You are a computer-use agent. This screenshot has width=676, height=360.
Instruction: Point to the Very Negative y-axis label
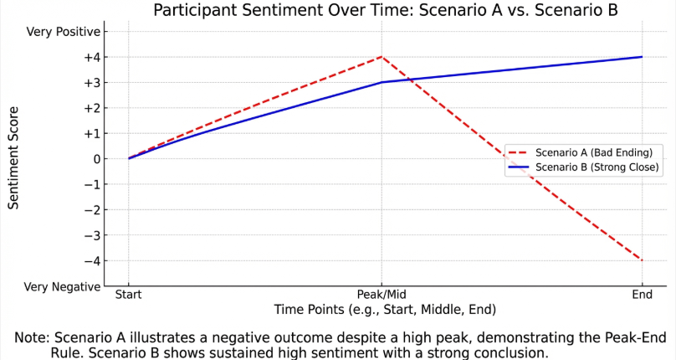pyautogui.click(x=62, y=286)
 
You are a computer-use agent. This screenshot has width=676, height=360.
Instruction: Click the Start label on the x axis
pyautogui.click(x=128, y=296)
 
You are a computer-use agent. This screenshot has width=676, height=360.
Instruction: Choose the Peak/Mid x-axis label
pyautogui.click(x=382, y=296)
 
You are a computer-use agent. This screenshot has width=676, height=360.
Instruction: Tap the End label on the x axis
pyautogui.click(x=643, y=296)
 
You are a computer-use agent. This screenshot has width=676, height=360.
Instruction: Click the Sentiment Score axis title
pyautogui.click(x=13, y=158)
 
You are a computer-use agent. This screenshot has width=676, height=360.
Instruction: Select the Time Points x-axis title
pyautogui.click(x=385, y=310)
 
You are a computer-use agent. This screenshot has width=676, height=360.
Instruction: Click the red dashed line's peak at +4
pyautogui.click(x=382, y=57)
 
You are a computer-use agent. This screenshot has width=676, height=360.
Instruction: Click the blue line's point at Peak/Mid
pyautogui.click(x=382, y=82)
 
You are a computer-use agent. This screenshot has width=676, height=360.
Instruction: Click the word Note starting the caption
pyautogui.click(x=32, y=337)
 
